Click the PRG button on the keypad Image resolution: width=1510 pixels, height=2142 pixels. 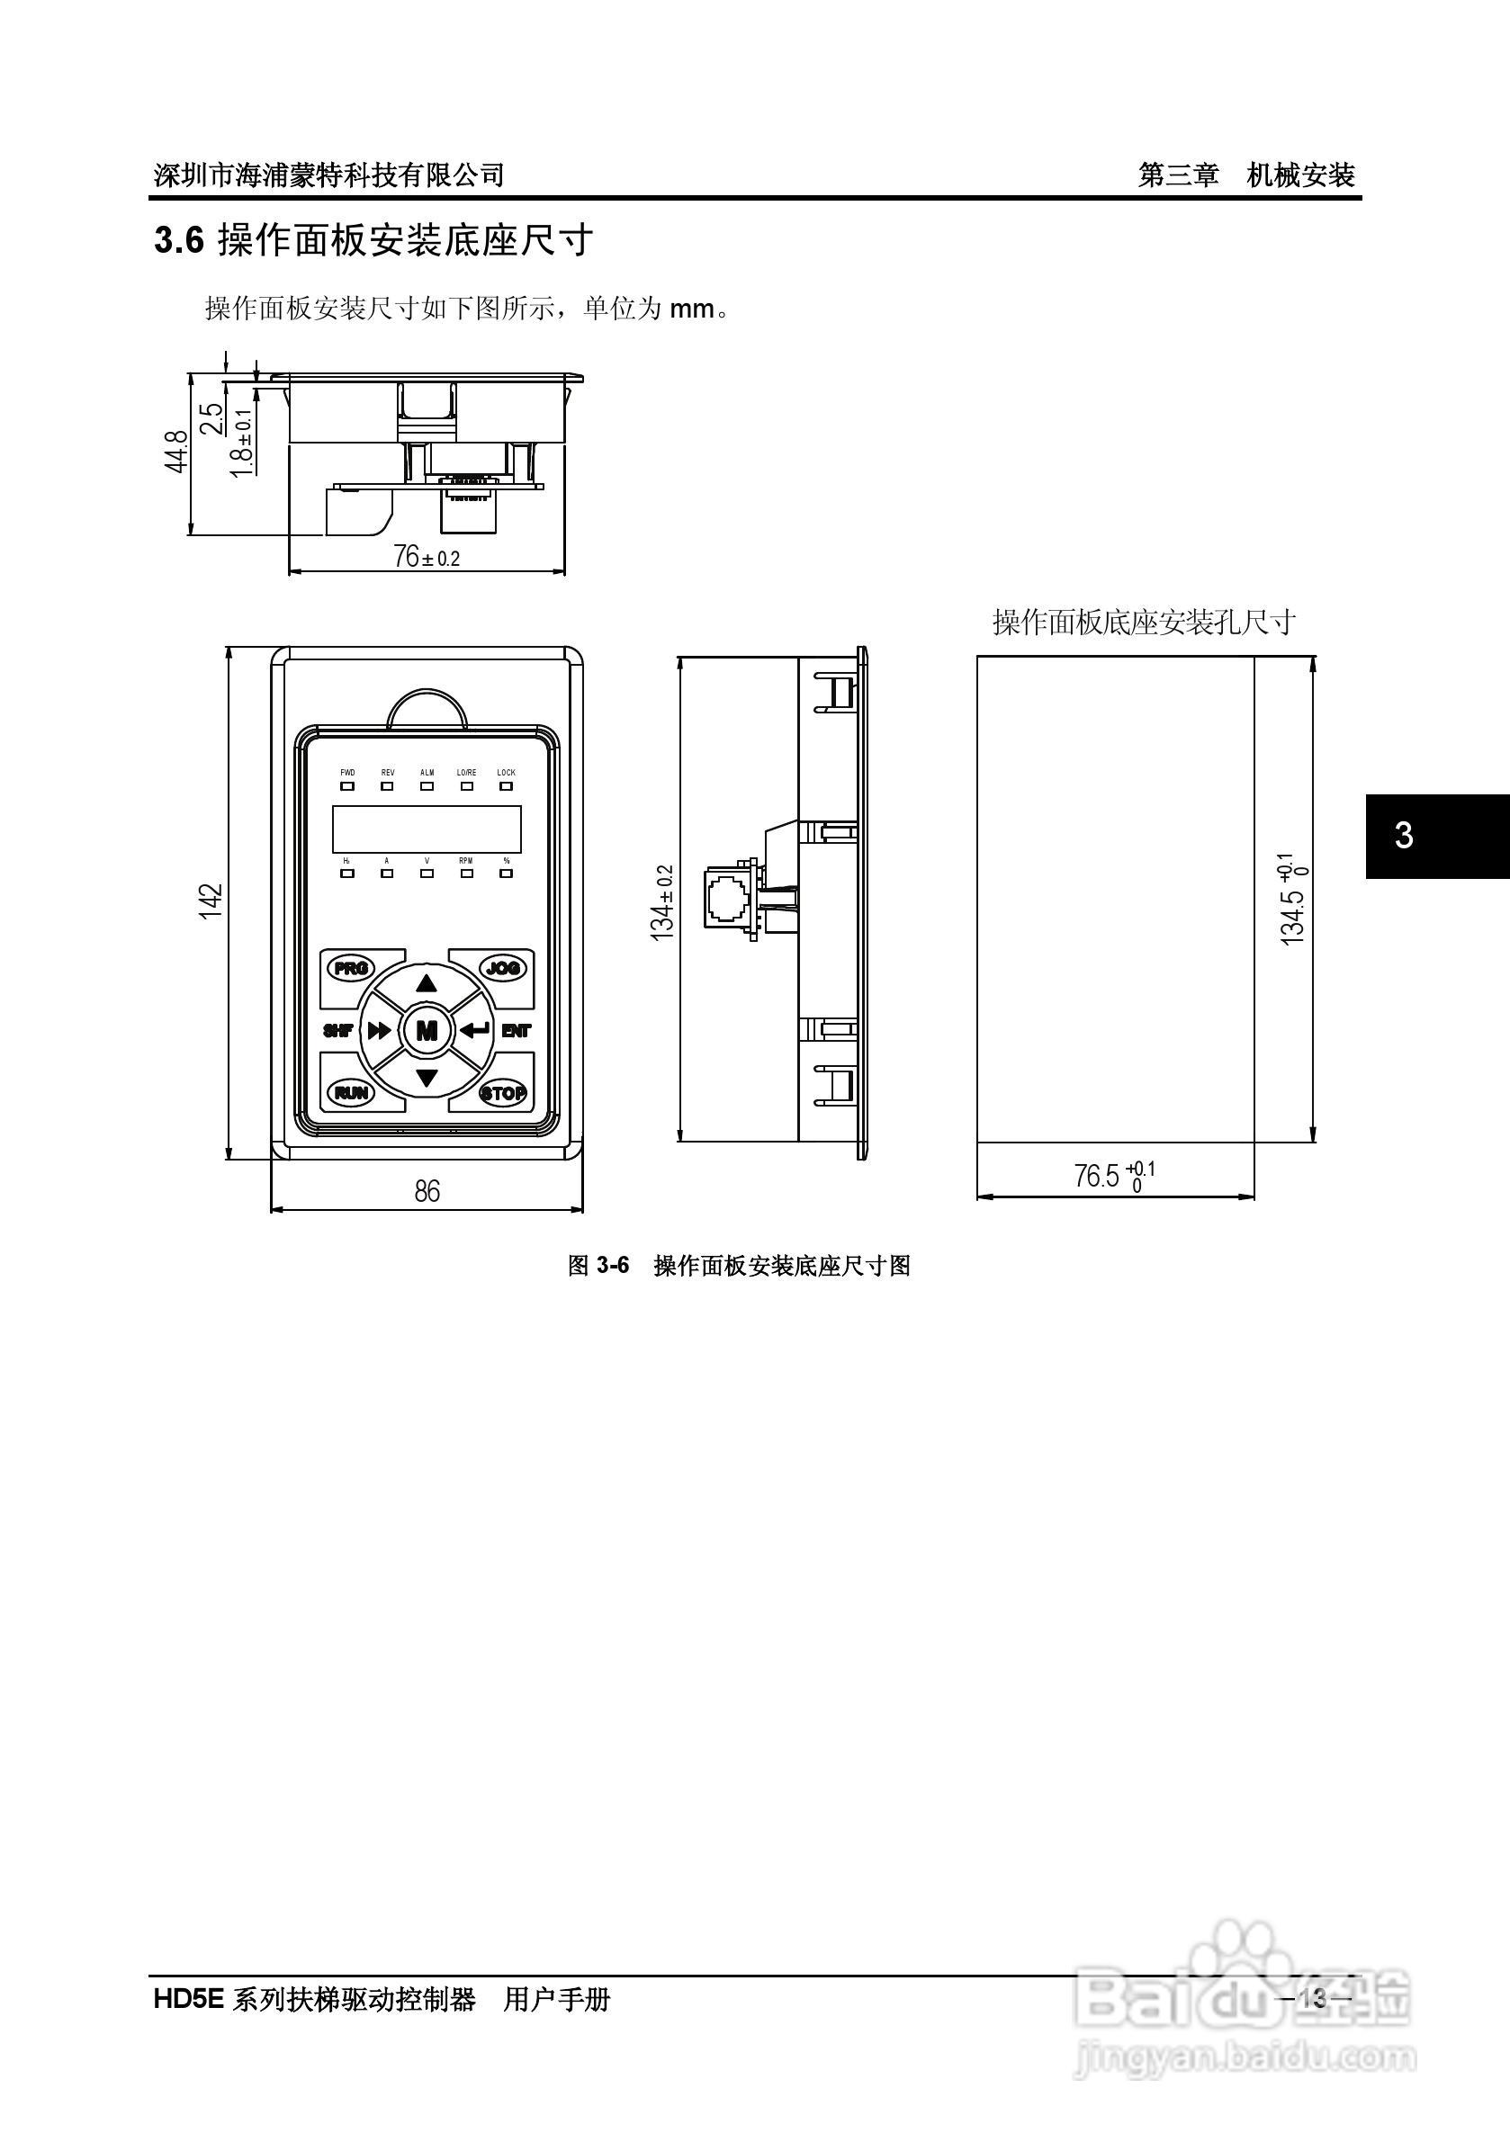coord(351,967)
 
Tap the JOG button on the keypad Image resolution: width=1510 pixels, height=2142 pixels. coord(503,967)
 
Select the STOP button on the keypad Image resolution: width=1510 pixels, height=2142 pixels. coord(503,1092)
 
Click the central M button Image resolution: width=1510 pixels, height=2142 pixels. coord(427,1030)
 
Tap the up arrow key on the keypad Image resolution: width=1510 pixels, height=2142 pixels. coord(427,983)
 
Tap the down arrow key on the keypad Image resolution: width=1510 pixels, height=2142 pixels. coord(427,1079)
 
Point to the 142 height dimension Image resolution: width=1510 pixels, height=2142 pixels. coord(211,901)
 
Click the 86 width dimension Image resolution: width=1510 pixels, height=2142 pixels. coord(427,1191)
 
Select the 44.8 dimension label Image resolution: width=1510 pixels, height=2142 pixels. coord(177,451)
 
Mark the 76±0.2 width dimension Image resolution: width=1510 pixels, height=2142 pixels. coord(427,557)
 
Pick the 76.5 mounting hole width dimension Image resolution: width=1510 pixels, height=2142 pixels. coord(1113,1176)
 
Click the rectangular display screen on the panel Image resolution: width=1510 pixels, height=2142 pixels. coord(427,828)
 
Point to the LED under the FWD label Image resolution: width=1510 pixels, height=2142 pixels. coord(347,785)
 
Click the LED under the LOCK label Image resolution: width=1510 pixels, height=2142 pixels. coord(506,785)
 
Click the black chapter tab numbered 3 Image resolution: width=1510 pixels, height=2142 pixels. coord(1437,836)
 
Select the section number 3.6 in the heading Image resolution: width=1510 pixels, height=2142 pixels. coord(178,242)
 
